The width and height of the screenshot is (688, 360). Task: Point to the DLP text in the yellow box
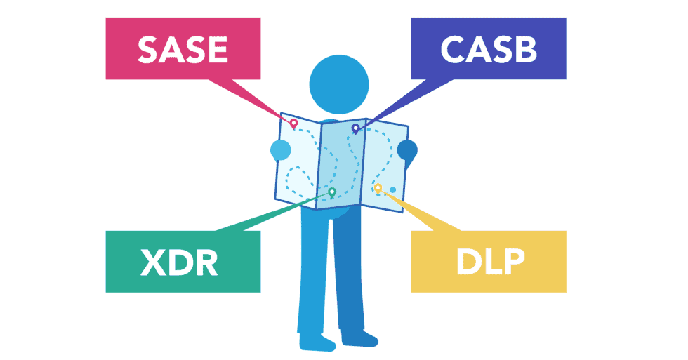(490, 261)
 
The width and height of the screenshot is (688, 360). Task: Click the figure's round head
(339, 84)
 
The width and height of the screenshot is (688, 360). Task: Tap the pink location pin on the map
(294, 124)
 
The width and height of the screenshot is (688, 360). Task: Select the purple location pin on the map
(355, 128)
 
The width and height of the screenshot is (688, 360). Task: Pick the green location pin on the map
(332, 192)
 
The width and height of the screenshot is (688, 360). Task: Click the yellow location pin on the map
(378, 188)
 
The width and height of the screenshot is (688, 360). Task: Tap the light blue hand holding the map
(280, 150)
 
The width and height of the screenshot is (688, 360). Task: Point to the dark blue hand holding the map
(407, 149)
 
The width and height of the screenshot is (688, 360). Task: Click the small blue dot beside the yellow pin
(392, 189)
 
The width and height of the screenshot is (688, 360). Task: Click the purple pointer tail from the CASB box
(400, 102)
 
